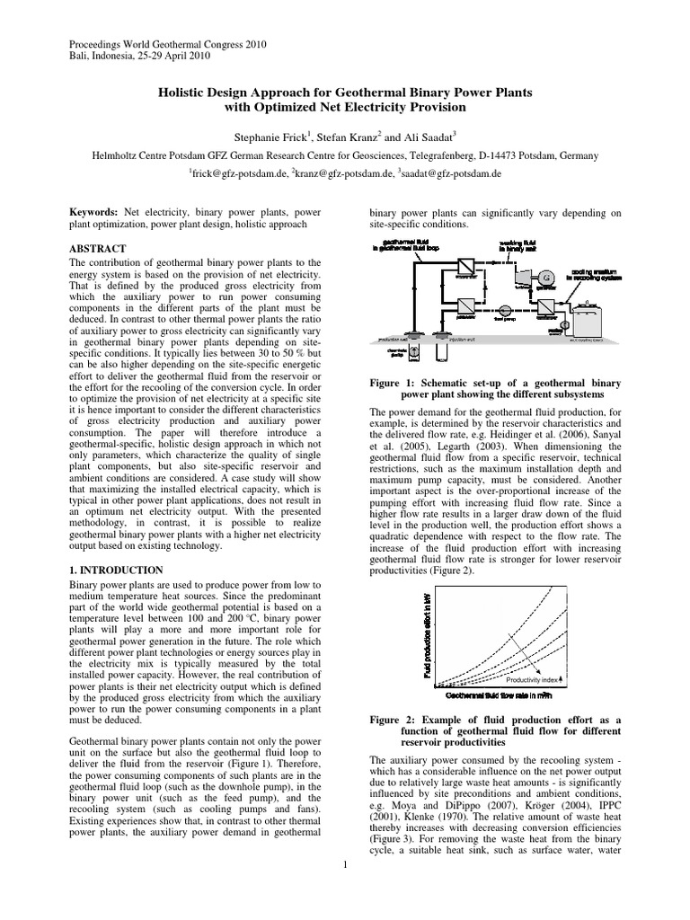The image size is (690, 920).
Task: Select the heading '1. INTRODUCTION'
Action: pos(116,571)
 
